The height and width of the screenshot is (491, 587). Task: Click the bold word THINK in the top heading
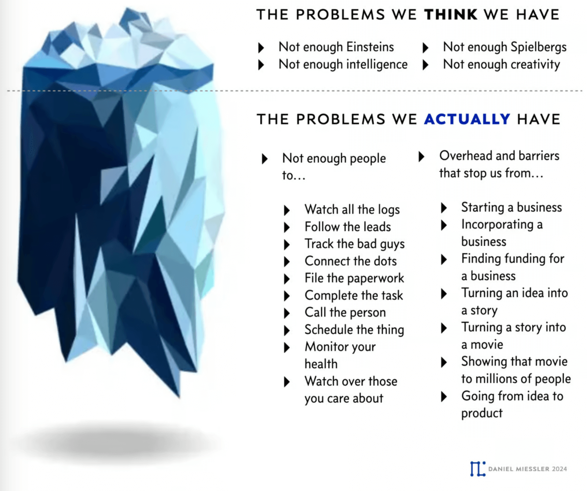tap(451, 15)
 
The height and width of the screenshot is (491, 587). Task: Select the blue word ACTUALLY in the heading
tap(467, 119)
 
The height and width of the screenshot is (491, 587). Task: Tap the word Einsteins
tap(370, 47)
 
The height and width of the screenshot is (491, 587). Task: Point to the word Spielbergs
tap(538, 47)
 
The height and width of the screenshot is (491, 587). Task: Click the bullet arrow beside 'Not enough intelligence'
tap(261, 65)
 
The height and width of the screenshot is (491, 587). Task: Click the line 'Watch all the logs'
tap(352, 210)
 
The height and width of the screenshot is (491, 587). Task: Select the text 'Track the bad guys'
tap(354, 244)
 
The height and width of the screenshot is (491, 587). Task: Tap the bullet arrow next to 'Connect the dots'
tap(287, 262)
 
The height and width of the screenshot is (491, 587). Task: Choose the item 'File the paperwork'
tap(354, 278)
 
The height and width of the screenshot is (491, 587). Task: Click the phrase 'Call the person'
tap(345, 312)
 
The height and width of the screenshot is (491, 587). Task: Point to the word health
tap(321, 364)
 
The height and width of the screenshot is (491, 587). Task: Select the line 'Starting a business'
tap(511, 207)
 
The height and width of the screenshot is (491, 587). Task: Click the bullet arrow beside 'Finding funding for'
tap(444, 259)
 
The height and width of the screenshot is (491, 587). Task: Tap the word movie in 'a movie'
tap(487, 345)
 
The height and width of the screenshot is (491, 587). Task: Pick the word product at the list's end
tap(482, 413)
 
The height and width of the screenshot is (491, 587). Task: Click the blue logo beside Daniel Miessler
tap(478, 469)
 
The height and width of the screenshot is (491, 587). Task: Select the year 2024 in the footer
tap(559, 469)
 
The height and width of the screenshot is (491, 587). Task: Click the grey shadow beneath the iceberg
tap(121, 442)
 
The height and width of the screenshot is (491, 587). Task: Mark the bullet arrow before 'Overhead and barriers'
tap(422, 157)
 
